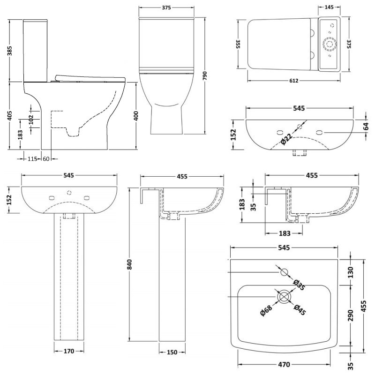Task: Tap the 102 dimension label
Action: tap(31, 118)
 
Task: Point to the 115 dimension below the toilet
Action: tap(31, 159)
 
